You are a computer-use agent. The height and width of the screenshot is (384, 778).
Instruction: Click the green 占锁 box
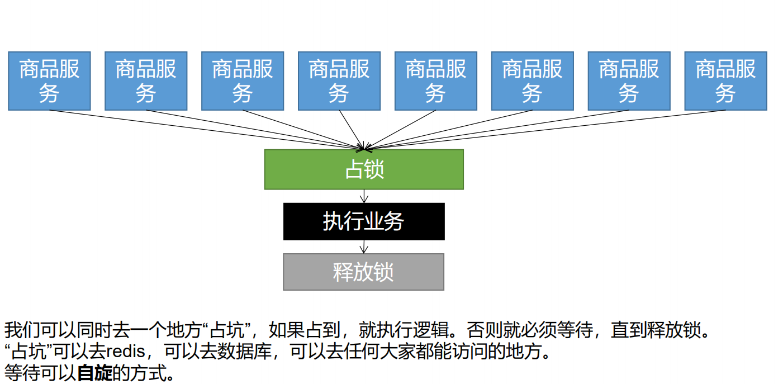(x=364, y=169)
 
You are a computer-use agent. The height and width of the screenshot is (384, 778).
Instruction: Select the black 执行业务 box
(x=364, y=222)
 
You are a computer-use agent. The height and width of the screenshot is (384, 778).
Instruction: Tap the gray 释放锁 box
(x=364, y=272)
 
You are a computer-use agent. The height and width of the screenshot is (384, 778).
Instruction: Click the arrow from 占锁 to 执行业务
(x=364, y=196)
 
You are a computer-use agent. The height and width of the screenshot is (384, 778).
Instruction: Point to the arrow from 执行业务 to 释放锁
(x=364, y=246)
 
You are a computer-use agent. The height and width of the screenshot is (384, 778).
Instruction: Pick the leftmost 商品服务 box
(x=49, y=81)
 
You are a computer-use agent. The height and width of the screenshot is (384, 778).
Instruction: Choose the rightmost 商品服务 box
(x=725, y=81)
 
